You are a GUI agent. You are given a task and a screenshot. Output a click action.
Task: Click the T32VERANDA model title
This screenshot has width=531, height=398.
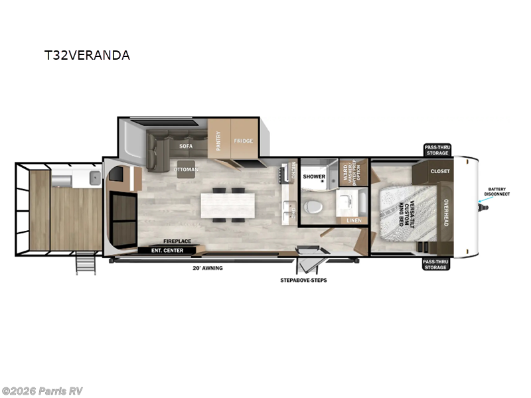pos(86,55)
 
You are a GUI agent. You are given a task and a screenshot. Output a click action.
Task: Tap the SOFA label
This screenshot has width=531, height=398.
pos(185,145)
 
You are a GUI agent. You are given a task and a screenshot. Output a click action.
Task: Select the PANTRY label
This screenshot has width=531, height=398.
pos(218,141)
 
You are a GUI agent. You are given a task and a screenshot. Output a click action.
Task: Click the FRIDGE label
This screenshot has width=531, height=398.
pos(244,141)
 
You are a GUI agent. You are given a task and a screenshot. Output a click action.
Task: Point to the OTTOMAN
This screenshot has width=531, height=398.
pos(186,169)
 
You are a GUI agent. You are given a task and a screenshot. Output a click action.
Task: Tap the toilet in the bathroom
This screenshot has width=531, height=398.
pos(312,206)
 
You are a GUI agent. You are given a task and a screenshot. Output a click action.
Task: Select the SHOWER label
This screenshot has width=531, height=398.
pos(314,177)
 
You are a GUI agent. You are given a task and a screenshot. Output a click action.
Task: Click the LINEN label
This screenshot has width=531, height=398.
pos(353,220)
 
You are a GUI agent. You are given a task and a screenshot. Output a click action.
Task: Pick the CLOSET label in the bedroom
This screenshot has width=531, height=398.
pos(439,171)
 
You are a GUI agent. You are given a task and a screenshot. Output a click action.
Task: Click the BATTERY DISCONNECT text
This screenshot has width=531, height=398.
pos(498,192)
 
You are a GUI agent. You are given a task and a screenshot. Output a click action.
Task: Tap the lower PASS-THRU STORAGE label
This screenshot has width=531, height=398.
pos(435,265)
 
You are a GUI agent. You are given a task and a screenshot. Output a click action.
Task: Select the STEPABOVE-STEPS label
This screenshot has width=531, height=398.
pos(303,280)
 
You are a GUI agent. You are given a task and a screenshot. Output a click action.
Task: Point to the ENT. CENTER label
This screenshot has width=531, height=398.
pos(169,250)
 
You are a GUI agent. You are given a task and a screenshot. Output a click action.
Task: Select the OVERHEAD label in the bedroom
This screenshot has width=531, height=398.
pos(446,213)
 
